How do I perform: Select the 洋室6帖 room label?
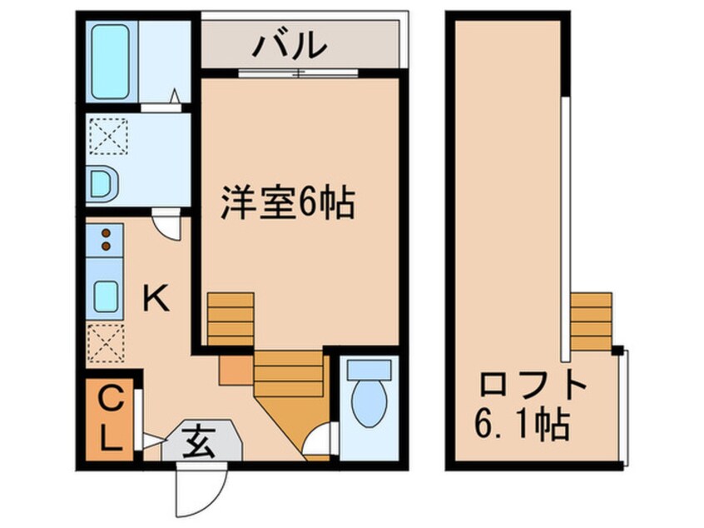coord(288,202)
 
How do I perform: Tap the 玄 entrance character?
coord(200,438)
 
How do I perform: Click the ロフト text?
coord(533,386)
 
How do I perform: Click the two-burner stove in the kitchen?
coord(106,239)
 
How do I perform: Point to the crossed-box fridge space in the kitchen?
coord(107,342)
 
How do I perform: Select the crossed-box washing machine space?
coord(108,137)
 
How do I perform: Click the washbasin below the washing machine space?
coord(102,182)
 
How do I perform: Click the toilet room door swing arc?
coord(320,442)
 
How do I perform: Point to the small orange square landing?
coord(235,370)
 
